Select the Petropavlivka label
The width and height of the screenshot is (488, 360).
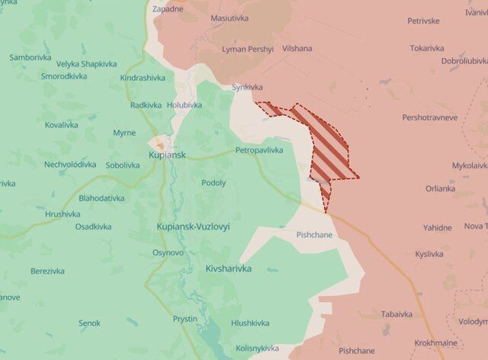[258, 150]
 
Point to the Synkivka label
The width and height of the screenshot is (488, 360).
[248, 88]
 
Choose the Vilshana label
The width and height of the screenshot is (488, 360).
[296, 48]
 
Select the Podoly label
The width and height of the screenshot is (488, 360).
[213, 183]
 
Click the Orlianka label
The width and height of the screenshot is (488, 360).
[441, 188]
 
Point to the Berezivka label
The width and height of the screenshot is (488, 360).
[47, 271]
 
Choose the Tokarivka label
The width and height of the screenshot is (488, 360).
[426, 48]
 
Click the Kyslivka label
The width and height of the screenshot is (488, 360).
[429, 254]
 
